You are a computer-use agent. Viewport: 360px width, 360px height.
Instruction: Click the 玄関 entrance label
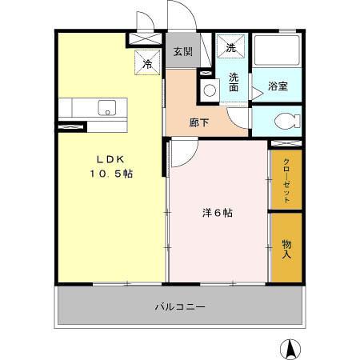click(x=182, y=52)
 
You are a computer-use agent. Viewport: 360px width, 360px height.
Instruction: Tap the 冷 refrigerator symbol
click(x=148, y=62)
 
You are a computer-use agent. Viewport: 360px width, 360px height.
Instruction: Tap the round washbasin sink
click(x=210, y=90)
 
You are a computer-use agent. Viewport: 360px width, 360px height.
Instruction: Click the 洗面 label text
click(x=234, y=83)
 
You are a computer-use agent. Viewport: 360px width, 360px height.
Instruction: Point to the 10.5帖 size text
click(x=110, y=174)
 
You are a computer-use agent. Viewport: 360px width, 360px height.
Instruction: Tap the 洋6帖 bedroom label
click(x=217, y=213)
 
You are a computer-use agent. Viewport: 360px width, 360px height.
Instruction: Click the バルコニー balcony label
click(x=180, y=307)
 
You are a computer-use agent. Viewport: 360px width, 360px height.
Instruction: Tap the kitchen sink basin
click(x=106, y=107)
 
